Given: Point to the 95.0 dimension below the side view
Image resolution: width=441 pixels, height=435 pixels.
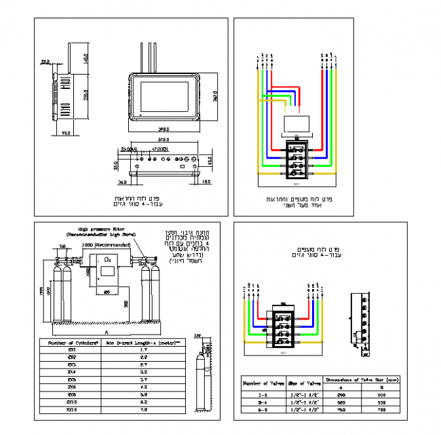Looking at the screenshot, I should pyautogui.click(x=66, y=133).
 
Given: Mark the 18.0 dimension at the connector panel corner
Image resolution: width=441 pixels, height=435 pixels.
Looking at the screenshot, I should pyautogui.click(x=206, y=182).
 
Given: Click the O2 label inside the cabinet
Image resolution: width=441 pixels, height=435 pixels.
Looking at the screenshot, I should pyautogui.click(x=108, y=259).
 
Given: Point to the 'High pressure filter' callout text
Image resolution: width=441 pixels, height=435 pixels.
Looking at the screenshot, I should pyautogui.click(x=99, y=231).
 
